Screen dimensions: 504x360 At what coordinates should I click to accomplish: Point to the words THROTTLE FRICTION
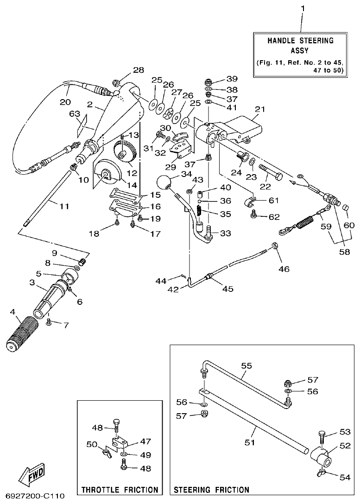coord(120,490)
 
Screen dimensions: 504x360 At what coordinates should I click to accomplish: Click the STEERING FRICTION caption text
coord(211,490)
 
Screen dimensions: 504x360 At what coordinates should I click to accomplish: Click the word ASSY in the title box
coord(300,50)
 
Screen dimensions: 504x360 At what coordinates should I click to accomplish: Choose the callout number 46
coord(284,268)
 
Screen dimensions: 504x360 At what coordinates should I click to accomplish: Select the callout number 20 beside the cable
coord(65,101)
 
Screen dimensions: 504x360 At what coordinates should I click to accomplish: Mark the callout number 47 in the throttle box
coord(145,441)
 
